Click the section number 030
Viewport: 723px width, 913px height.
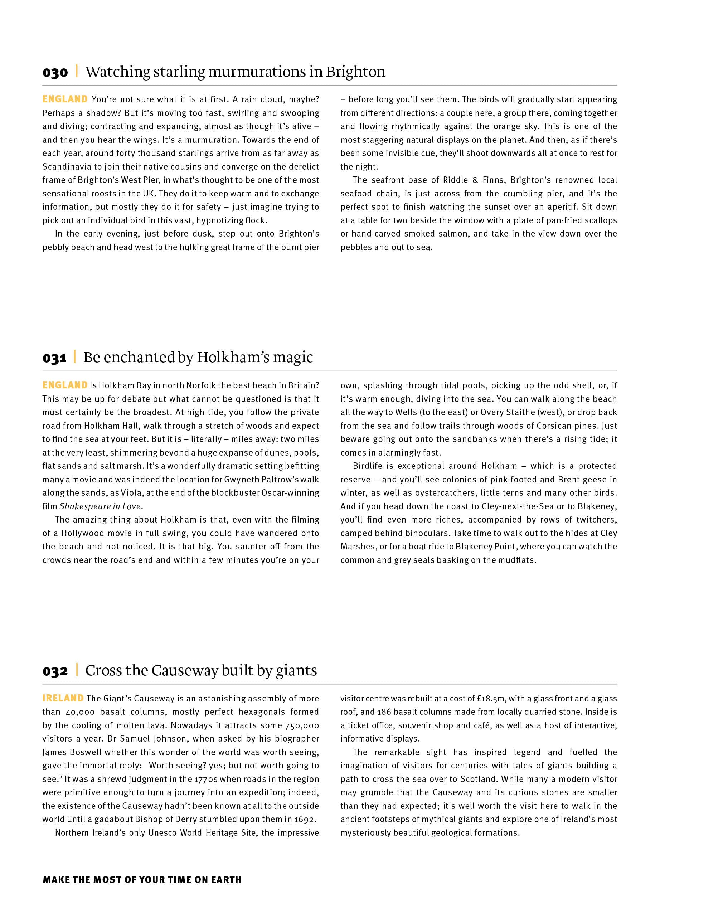pyautogui.click(x=55, y=73)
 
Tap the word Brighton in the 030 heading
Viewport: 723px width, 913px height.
pyautogui.click(x=355, y=72)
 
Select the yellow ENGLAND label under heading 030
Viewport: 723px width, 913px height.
pyautogui.click(x=65, y=99)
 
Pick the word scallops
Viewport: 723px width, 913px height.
pyautogui.click(x=600, y=220)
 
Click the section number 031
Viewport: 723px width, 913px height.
pyautogui.click(x=54, y=359)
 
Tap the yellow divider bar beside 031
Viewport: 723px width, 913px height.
pyautogui.click(x=75, y=357)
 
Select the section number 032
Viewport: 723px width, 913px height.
pyautogui.click(x=55, y=672)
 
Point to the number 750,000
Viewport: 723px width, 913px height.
pyautogui.click(x=302, y=725)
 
